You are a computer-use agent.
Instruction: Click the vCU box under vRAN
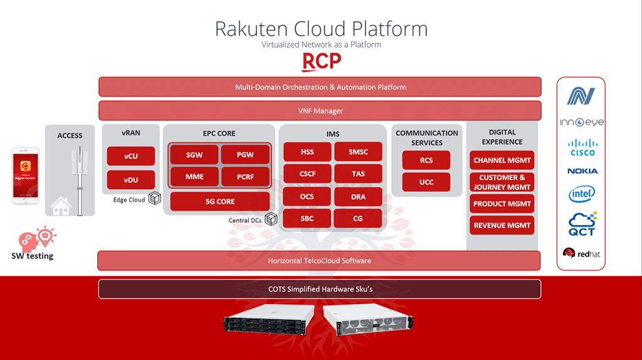(x=130, y=156)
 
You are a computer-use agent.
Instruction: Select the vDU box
(x=130, y=180)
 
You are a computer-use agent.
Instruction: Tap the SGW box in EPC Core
(x=194, y=154)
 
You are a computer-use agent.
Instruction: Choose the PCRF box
(x=245, y=177)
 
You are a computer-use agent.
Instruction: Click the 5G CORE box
(x=219, y=201)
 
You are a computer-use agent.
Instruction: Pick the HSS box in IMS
(x=307, y=152)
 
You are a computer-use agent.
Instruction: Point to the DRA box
(x=358, y=196)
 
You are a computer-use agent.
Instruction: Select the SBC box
(x=307, y=218)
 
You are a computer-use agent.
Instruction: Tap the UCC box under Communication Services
(x=426, y=183)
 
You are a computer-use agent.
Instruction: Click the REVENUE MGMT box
(x=502, y=225)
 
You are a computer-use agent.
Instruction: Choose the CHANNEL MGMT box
(x=502, y=161)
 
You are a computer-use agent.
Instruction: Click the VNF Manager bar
(x=320, y=111)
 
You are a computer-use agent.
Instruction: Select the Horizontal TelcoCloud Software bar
(x=320, y=260)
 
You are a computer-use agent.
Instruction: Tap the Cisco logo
(x=582, y=147)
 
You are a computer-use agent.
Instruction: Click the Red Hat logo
(x=581, y=253)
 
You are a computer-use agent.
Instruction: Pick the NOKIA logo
(x=582, y=171)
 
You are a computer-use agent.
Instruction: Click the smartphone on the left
(x=26, y=175)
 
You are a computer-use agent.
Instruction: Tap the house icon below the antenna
(x=61, y=206)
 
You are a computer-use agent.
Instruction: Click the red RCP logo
(x=321, y=61)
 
